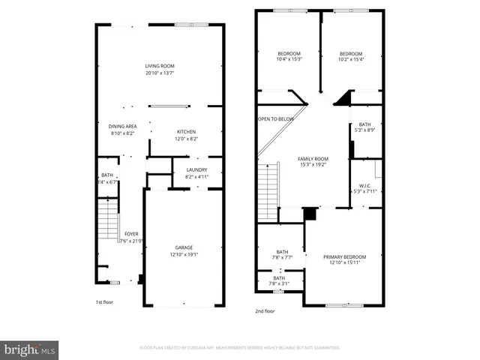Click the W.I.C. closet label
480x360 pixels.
coord(365,186)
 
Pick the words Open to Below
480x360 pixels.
coord(276,119)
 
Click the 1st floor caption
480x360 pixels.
coord(103,302)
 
